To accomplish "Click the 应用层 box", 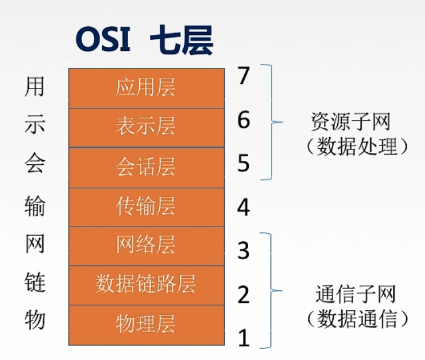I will click(145, 88).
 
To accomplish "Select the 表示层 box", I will click(145, 127).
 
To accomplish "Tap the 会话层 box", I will click(145, 167).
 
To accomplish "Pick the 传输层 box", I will click(145, 207).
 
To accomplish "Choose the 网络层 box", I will click(145, 245).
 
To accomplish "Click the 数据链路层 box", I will click(145, 284).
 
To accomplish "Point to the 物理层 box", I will click(145, 324).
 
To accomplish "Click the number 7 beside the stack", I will click(244, 76).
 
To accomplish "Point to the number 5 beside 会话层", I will click(244, 164).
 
